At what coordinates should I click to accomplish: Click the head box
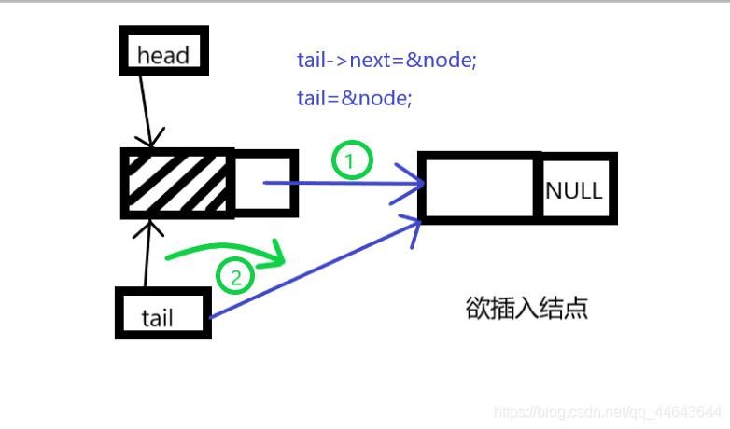pyautogui.click(x=164, y=49)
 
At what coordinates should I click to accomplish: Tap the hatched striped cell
pyautogui.click(x=177, y=182)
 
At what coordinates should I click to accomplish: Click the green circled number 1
pyautogui.click(x=352, y=161)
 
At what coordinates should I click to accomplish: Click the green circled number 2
pyautogui.click(x=235, y=277)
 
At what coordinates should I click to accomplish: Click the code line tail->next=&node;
pyautogui.click(x=386, y=61)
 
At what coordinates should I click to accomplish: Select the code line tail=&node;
pyautogui.click(x=354, y=97)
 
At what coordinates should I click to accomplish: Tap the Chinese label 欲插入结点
pyautogui.click(x=526, y=309)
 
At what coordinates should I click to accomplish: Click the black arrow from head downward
pyautogui.click(x=144, y=107)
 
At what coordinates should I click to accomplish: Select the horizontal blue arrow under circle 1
pyautogui.click(x=345, y=184)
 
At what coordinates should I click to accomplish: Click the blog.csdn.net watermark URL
pyautogui.click(x=607, y=411)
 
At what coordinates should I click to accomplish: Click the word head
pyautogui.click(x=163, y=55)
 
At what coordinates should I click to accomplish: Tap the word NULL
pyautogui.click(x=574, y=190)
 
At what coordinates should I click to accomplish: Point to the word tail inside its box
pyautogui.click(x=158, y=318)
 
